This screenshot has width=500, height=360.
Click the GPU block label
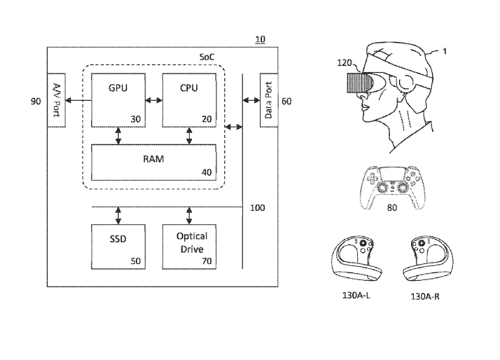(x=117, y=88)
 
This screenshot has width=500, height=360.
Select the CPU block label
(x=188, y=88)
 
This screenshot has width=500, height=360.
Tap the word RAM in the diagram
(x=153, y=159)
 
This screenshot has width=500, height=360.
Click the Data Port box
(x=267, y=99)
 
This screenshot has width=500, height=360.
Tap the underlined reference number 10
(x=260, y=39)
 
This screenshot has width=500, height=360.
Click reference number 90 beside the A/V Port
(x=36, y=102)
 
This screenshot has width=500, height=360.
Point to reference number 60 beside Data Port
(x=286, y=102)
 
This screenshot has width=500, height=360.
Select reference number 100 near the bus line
(x=258, y=208)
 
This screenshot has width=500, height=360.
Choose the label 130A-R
(x=425, y=296)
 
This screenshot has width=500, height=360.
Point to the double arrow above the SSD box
(x=118, y=213)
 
